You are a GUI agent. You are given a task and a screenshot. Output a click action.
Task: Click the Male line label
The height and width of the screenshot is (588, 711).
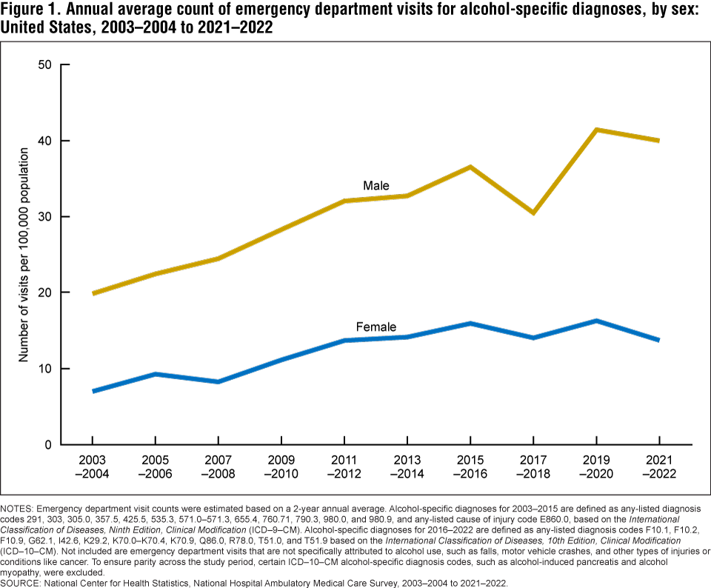[x=375, y=185]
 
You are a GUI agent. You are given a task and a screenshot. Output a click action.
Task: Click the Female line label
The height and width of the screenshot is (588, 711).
[x=375, y=327]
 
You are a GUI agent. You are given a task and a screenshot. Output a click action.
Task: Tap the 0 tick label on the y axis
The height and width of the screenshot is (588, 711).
[x=47, y=445]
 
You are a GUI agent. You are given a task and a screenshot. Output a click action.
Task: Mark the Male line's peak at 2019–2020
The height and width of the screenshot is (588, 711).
[x=595, y=130]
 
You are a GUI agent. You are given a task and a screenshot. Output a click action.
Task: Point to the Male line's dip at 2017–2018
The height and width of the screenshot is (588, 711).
[x=533, y=213]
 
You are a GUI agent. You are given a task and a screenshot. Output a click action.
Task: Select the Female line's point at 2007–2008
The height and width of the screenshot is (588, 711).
[x=218, y=381]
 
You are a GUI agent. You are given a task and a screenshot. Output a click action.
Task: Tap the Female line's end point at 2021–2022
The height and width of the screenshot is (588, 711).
[x=658, y=340]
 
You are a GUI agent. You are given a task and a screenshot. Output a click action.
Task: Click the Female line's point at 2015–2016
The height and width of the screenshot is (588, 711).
[x=470, y=323]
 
